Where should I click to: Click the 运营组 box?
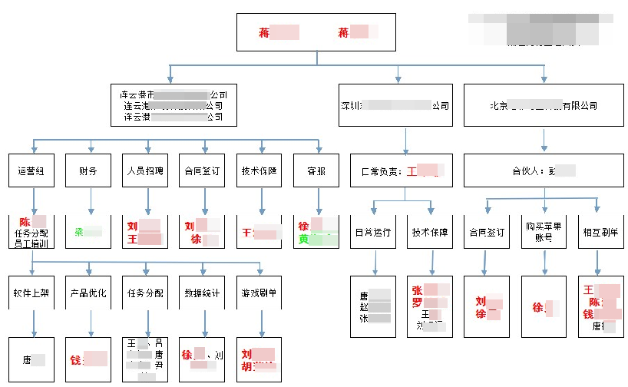click(x=31, y=171)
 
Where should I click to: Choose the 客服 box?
click(x=316, y=171)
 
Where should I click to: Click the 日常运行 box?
click(x=373, y=232)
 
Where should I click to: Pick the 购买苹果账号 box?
click(x=544, y=232)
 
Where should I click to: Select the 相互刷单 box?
click(x=600, y=232)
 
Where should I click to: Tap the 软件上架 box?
click(x=31, y=293)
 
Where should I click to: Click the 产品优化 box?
click(x=88, y=293)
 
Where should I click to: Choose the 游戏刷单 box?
click(x=259, y=293)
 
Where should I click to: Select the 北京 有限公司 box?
click(x=544, y=105)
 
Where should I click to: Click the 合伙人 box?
click(x=544, y=171)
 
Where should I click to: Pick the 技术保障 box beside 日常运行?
click(x=430, y=232)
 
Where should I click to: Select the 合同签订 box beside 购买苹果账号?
click(x=487, y=232)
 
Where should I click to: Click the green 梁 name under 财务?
click(x=80, y=231)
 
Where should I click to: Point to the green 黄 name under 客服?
click(x=304, y=240)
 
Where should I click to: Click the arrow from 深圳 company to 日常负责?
click(x=407, y=141)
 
